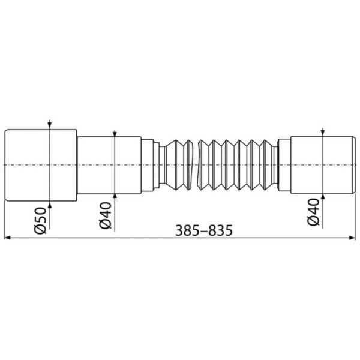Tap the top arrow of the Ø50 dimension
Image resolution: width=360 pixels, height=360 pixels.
[50, 125]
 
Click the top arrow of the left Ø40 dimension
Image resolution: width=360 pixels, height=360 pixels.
[114, 133]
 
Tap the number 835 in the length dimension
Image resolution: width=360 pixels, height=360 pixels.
[218, 230]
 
